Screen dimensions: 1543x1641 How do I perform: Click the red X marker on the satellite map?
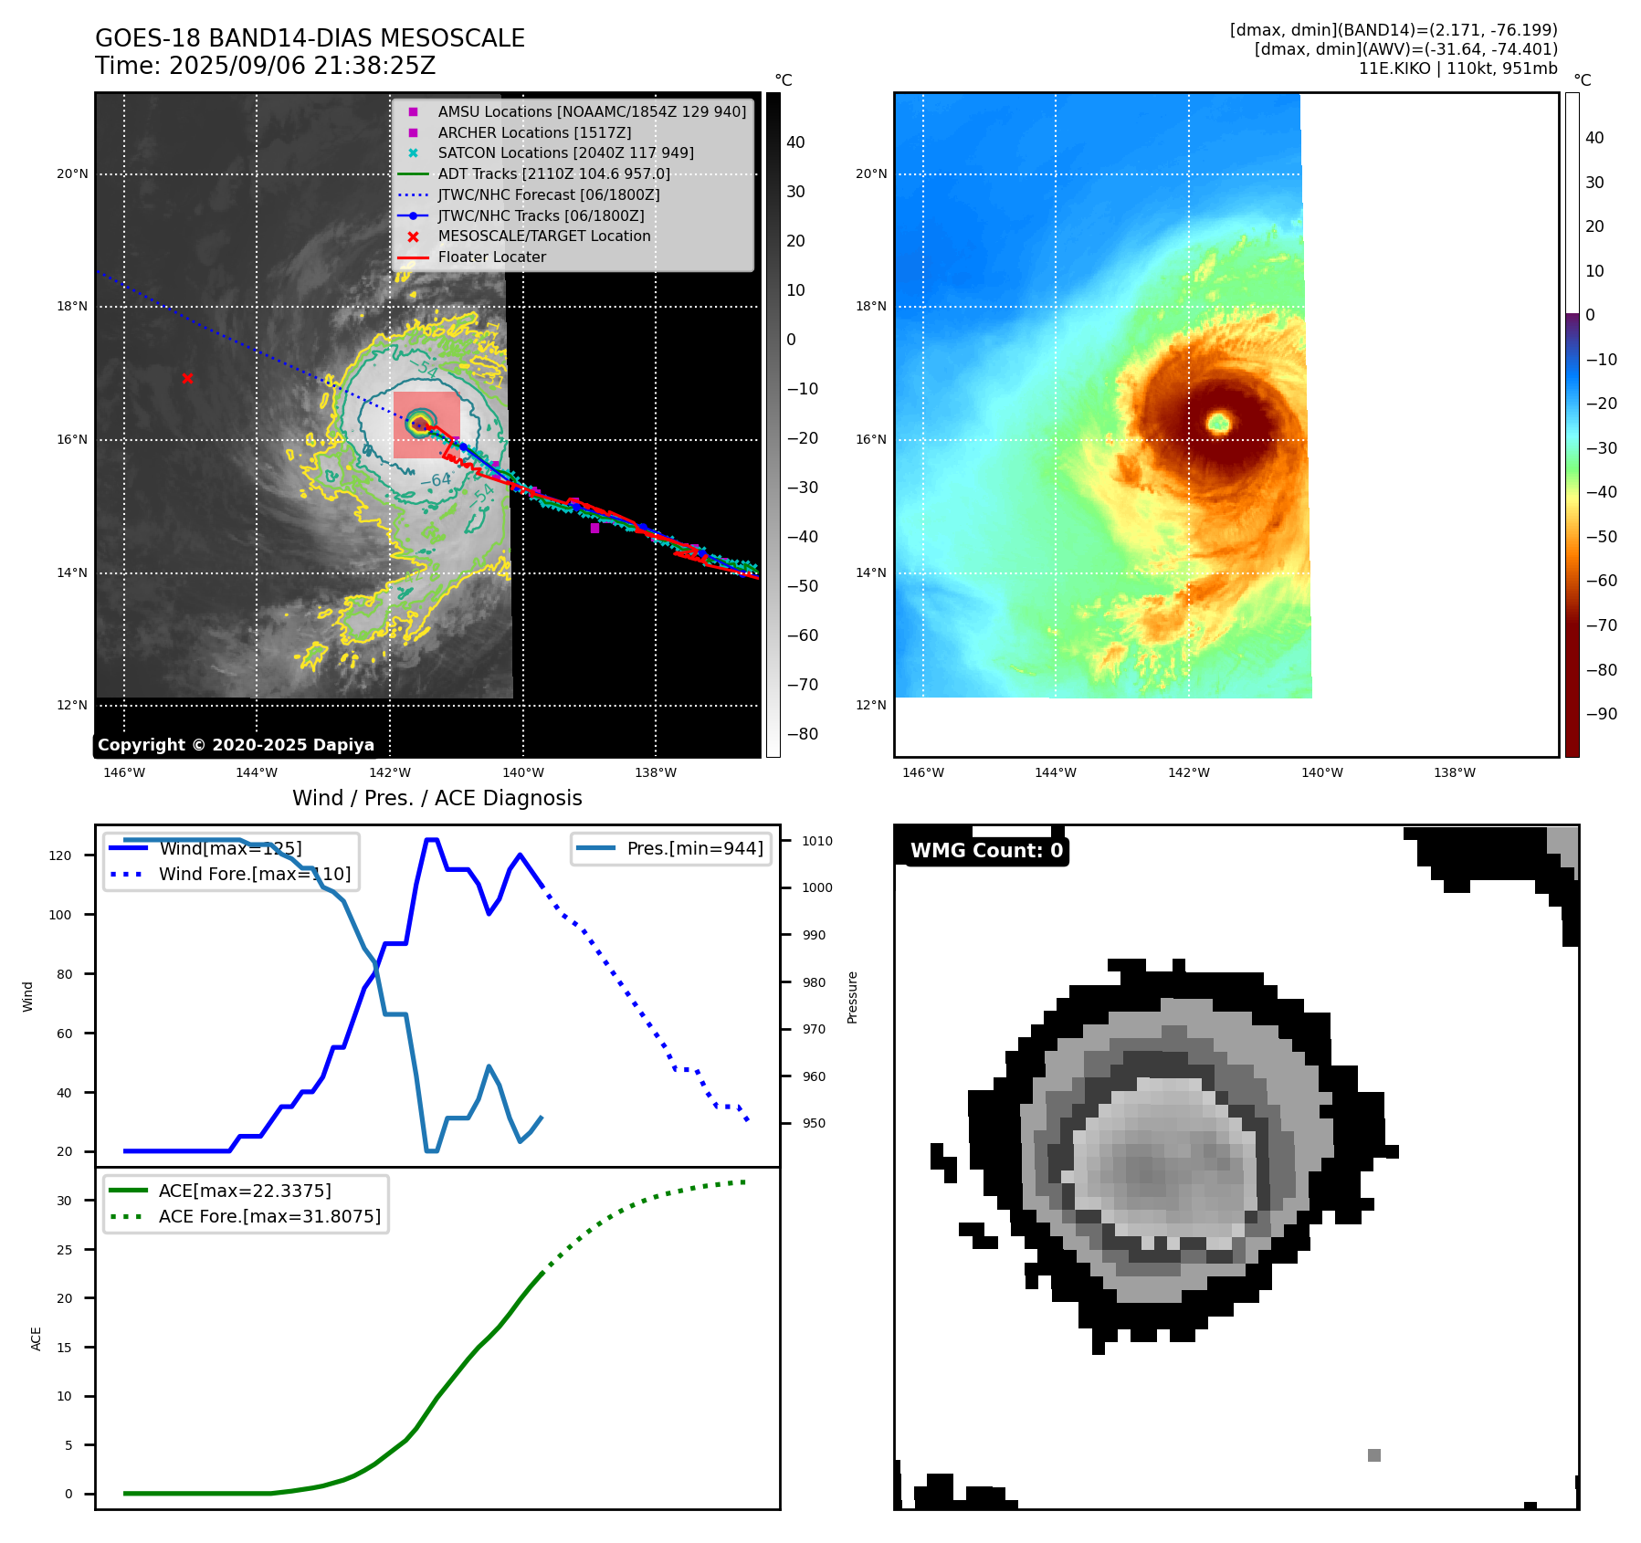[187, 378]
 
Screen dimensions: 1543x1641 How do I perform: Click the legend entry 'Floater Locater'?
[491, 257]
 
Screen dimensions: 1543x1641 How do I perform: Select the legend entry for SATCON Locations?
[565, 153]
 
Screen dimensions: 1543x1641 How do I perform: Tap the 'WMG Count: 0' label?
[986, 851]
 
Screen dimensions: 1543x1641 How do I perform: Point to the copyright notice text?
[236, 745]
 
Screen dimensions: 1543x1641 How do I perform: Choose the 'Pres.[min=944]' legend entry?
[694, 848]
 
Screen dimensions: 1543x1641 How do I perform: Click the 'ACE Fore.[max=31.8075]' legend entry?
[269, 1216]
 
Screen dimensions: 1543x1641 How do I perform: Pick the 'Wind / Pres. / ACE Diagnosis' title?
[437, 798]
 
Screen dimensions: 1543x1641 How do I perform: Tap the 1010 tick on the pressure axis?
[817, 841]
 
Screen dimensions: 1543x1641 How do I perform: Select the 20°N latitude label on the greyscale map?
[73, 174]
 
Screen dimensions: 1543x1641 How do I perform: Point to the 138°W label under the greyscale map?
[656, 773]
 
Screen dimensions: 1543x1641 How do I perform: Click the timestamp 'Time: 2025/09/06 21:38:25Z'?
[265, 67]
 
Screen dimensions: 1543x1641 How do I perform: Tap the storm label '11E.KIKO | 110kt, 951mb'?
[1457, 68]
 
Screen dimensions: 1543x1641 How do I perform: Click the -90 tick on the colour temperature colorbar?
[1601, 714]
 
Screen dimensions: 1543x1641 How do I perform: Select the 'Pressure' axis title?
[852, 997]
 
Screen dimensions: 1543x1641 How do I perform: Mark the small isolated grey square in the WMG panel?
[1374, 1454]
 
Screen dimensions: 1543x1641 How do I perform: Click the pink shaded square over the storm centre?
[426, 425]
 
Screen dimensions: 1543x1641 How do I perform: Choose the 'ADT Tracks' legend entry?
[553, 174]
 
